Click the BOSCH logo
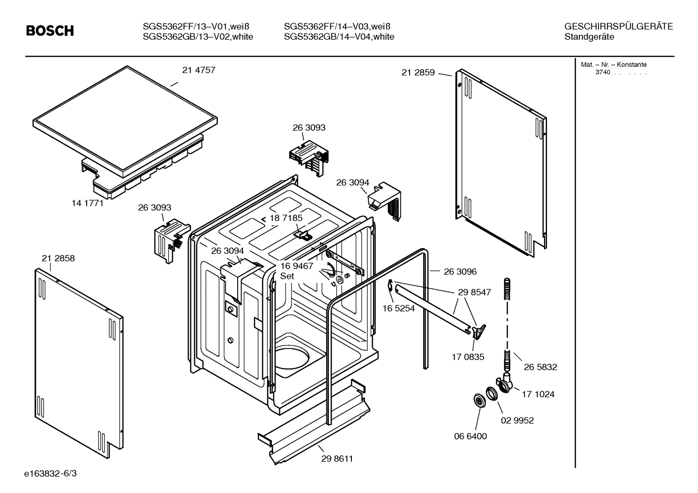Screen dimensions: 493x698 [x=50, y=31]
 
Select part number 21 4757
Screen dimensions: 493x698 [x=198, y=70]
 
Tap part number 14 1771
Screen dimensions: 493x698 [x=88, y=203]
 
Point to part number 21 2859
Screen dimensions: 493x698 [x=418, y=73]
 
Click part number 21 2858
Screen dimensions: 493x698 [x=58, y=258]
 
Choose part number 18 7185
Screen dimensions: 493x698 [x=286, y=218]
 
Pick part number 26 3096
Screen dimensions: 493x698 [x=460, y=272]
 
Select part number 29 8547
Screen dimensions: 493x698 [x=474, y=292]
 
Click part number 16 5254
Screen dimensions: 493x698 [x=398, y=308]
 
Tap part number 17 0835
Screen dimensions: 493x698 [x=468, y=357]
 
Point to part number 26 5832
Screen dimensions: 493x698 [x=540, y=367]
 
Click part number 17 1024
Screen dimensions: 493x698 [x=538, y=394]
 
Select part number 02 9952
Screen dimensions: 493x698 [x=517, y=420]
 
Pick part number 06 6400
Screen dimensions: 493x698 [x=470, y=436]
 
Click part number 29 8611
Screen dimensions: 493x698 [x=337, y=459]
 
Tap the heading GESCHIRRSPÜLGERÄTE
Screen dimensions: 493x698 [x=618, y=27]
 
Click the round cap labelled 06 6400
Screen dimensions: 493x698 [x=479, y=401]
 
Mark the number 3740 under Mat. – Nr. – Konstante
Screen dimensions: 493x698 [x=602, y=73]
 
